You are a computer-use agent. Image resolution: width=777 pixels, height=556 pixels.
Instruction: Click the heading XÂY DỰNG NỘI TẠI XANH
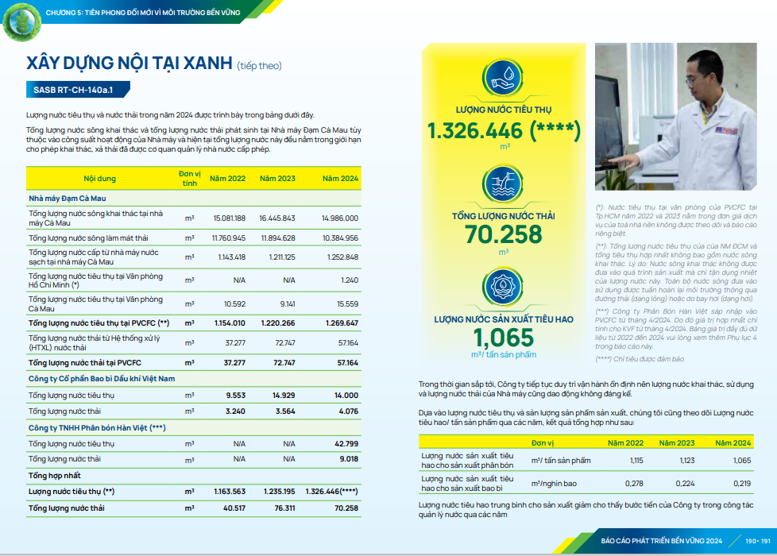[x=129, y=64]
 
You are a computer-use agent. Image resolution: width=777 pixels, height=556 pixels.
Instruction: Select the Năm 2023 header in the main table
[x=277, y=179]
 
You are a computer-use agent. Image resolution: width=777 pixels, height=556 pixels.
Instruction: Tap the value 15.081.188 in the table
[x=230, y=218]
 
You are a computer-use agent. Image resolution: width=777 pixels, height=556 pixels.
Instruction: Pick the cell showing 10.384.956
[x=340, y=237]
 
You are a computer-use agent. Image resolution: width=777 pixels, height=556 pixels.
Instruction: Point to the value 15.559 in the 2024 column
[x=347, y=303]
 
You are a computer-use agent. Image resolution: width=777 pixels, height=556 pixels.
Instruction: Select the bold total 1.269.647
[x=342, y=323]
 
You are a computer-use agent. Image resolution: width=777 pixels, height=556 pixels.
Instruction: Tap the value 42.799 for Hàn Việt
[x=346, y=443]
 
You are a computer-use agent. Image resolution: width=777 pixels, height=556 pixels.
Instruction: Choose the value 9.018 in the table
[x=349, y=459]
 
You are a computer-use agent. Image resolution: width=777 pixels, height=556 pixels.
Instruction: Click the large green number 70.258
[x=504, y=234]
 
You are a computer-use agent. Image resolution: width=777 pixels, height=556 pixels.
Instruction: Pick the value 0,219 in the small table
[x=741, y=484]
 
